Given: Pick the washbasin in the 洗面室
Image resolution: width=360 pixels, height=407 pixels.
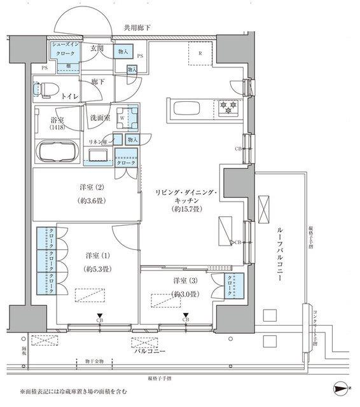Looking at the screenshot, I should click(x=98, y=155).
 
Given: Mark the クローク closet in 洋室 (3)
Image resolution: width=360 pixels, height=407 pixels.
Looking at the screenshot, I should click(x=235, y=284).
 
